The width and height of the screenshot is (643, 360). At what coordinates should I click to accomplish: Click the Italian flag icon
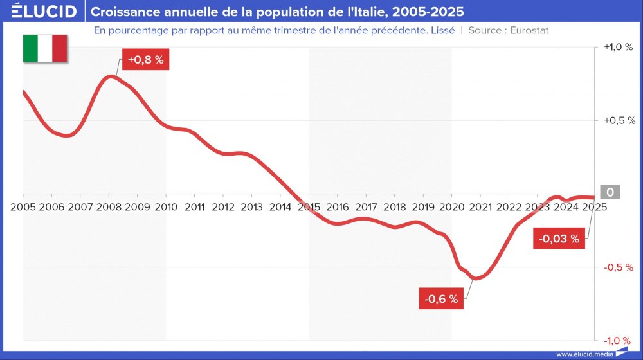(45, 49)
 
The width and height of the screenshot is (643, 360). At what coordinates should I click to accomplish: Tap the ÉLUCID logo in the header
(40, 12)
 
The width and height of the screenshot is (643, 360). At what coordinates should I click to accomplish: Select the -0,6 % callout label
(442, 298)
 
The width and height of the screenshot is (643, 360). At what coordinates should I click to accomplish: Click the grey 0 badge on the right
(610, 192)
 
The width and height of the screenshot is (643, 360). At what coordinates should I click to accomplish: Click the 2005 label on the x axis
(23, 207)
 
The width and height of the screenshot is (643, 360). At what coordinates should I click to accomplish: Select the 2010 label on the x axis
(166, 207)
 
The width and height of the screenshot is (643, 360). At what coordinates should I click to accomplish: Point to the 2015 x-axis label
(309, 207)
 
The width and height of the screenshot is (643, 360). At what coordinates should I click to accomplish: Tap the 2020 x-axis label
(451, 207)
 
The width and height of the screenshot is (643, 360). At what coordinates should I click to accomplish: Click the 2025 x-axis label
(594, 207)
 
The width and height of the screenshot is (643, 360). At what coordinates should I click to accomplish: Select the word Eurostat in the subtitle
(529, 30)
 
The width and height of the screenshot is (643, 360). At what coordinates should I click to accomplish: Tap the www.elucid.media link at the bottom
(584, 354)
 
